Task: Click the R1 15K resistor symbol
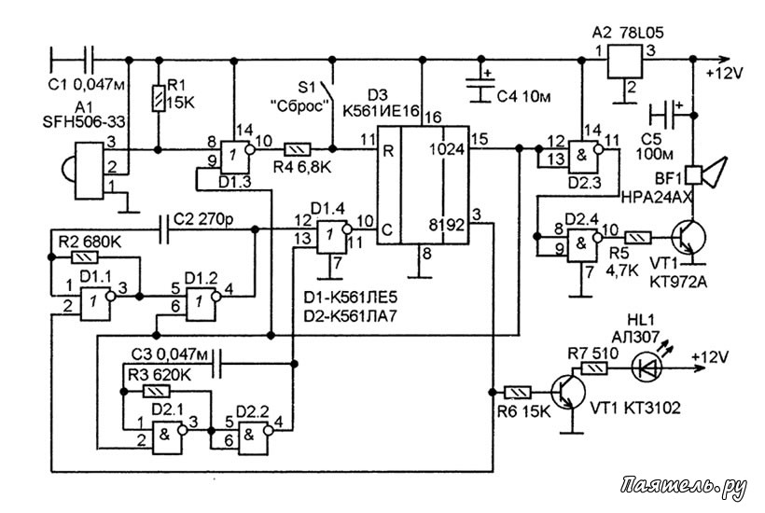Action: click(158, 98)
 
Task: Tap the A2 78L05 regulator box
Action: click(624, 61)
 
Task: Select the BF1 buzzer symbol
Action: click(705, 173)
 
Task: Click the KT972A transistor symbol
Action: click(688, 239)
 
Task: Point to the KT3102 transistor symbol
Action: click(568, 392)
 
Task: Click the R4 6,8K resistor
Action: click(298, 148)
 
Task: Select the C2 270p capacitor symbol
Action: click(164, 229)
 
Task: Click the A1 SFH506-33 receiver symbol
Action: click(83, 170)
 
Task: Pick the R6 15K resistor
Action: click(517, 392)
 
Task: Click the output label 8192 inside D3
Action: click(447, 226)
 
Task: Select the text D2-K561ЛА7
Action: click(350, 316)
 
